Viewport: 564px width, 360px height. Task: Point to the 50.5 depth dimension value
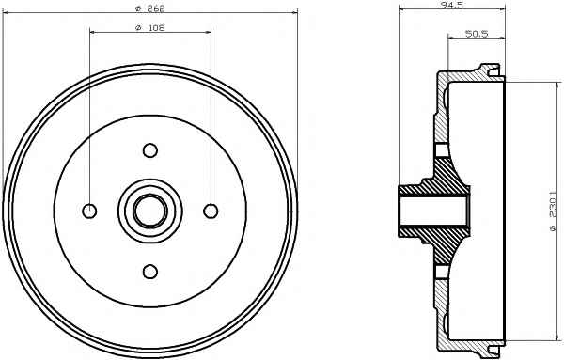point(477,34)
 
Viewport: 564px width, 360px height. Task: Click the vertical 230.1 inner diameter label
point(554,214)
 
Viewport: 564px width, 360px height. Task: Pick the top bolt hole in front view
point(150,150)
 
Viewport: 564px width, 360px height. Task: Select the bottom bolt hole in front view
point(150,272)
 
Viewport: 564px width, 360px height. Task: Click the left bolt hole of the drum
point(89,211)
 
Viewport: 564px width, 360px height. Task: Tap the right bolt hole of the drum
point(211,211)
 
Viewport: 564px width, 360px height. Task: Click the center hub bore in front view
point(150,211)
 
